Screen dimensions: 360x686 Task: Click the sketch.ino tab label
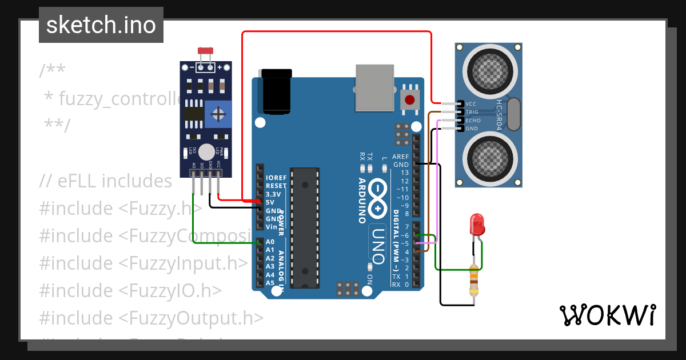click(101, 25)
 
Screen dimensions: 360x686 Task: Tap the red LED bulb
click(476, 225)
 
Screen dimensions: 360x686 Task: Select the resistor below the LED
click(473, 280)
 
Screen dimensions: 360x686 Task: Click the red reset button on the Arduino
click(409, 101)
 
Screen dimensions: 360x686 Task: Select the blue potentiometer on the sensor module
click(218, 115)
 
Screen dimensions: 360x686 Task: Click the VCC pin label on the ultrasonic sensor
click(471, 104)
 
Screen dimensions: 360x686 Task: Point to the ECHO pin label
click(473, 121)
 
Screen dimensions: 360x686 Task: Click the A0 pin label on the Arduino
click(270, 242)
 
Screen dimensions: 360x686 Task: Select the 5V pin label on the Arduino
click(270, 202)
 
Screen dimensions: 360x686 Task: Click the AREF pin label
click(401, 157)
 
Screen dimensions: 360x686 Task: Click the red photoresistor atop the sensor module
click(205, 51)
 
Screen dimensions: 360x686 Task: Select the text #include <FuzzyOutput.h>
click(151, 318)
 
